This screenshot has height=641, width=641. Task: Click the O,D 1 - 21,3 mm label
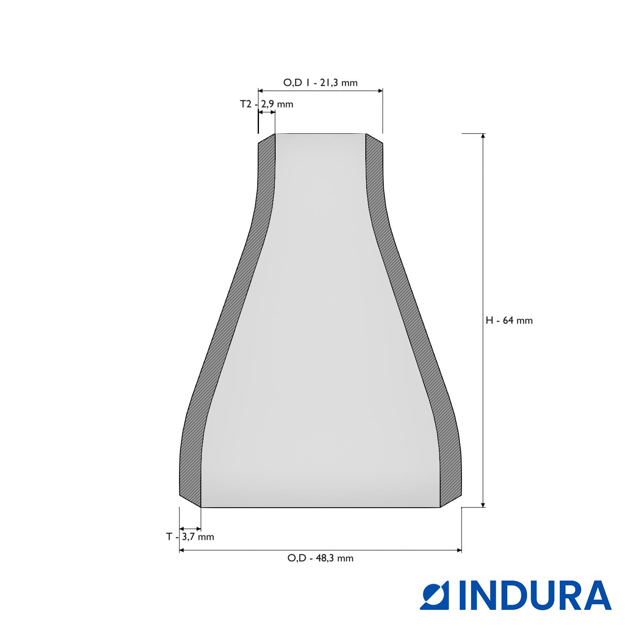[x=320, y=83]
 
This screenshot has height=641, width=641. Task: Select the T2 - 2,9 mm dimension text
[x=266, y=104]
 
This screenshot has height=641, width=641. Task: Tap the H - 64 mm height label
[x=509, y=320]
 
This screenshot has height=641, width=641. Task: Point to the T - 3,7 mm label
[x=190, y=537]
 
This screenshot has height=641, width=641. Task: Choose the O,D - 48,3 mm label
[x=320, y=558]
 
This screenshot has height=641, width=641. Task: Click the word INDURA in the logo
[x=535, y=595]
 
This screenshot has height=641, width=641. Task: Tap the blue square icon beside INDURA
[x=435, y=595]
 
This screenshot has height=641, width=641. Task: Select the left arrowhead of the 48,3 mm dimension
[x=182, y=550]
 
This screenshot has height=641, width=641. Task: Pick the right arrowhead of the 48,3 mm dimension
[x=459, y=550]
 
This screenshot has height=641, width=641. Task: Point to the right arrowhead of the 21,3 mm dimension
[x=380, y=91]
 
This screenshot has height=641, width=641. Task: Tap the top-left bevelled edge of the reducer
[x=266, y=139]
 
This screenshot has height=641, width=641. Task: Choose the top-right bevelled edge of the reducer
[x=374, y=139]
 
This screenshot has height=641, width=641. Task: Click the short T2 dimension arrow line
[x=267, y=112]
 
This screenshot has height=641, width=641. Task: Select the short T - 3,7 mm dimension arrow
[x=190, y=529]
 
